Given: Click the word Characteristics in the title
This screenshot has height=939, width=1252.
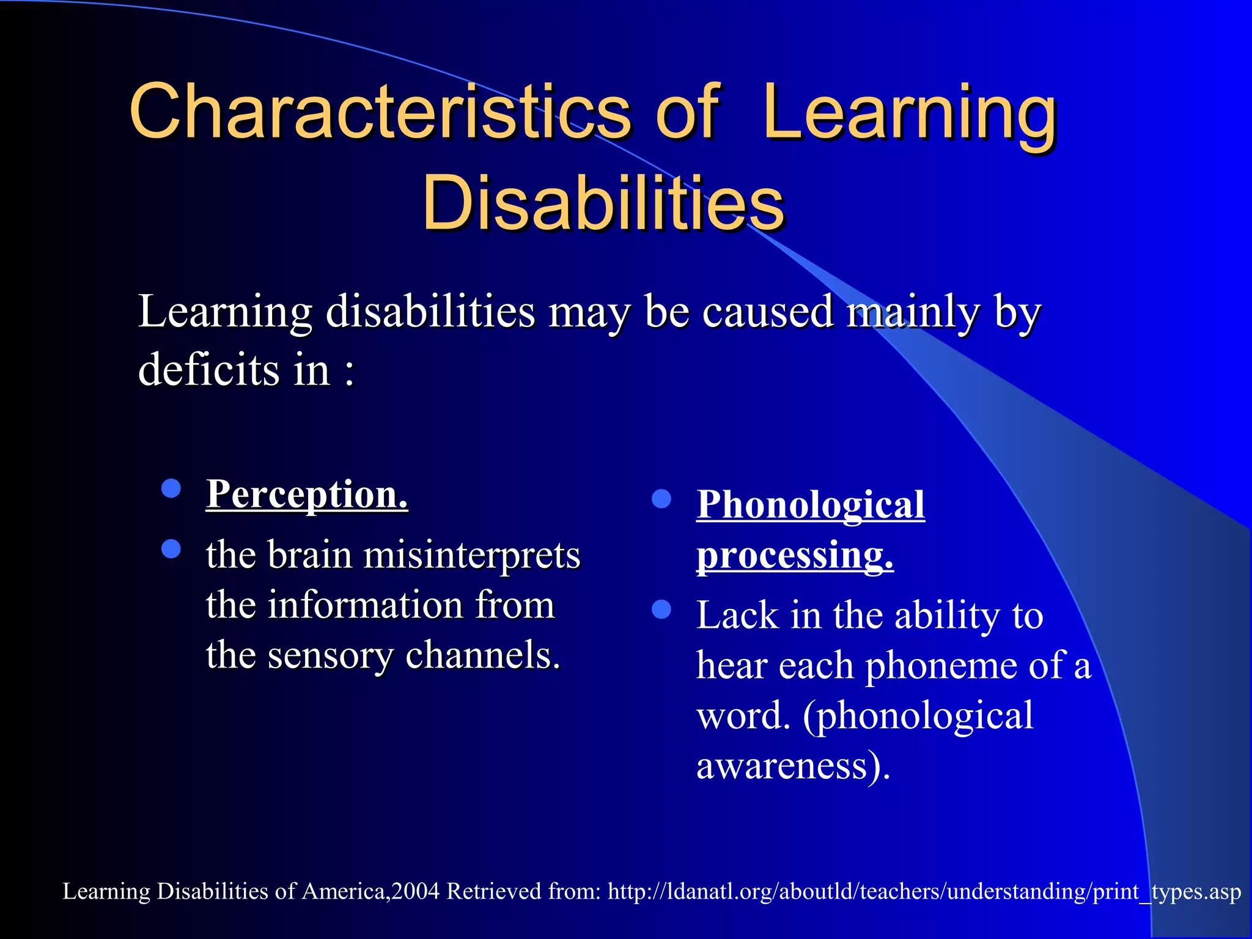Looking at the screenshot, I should (379, 111).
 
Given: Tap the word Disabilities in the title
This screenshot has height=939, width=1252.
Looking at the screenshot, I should (603, 203).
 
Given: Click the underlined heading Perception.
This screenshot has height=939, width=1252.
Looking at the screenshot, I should (307, 494).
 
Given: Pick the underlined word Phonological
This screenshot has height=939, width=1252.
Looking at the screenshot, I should (810, 505).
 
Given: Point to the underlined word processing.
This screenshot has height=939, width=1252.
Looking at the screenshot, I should (795, 555).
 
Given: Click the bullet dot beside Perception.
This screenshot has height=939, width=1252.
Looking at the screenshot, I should (171, 488).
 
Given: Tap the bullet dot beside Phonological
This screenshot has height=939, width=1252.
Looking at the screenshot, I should (661, 499).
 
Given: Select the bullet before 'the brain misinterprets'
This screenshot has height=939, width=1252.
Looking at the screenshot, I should (171, 549).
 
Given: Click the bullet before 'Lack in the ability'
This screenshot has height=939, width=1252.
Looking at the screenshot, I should (661, 609).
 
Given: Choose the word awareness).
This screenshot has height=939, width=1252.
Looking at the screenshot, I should (793, 765).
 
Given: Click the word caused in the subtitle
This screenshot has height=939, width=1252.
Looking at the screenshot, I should (767, 312).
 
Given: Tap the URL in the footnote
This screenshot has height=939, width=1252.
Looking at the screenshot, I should (924, 891).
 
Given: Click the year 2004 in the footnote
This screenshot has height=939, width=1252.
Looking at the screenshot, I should (416, 891).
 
